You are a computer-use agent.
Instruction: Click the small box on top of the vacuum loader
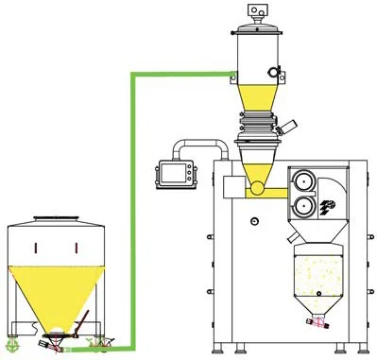point(253,9)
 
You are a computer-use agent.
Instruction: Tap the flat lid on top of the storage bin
point(56,219)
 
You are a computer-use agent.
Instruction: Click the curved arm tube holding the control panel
point(203,145)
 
